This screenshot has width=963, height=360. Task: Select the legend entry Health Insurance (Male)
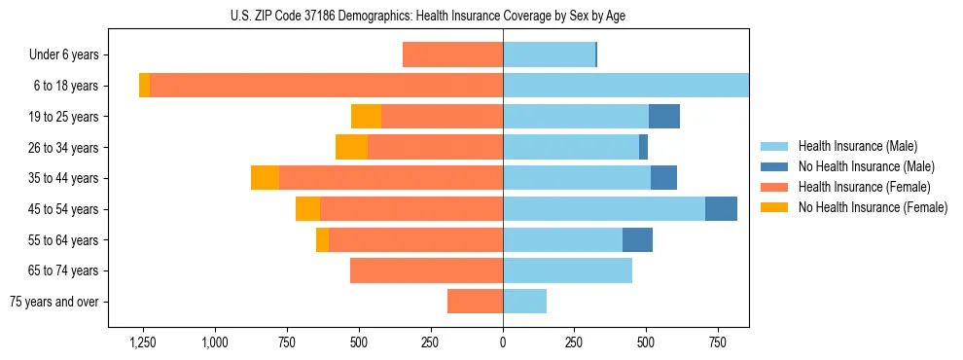(851, 146)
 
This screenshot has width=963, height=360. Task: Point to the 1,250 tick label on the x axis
(143, 342)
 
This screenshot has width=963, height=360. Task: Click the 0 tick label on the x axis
(503, 342)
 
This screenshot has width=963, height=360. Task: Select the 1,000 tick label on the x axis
(215, 342)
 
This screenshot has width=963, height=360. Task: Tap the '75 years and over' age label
(54, 302)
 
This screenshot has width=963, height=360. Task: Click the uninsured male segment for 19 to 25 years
(664, 117)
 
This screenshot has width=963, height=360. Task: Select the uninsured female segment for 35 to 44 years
(265, 178)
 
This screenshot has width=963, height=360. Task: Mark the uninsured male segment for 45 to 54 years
(721, 209)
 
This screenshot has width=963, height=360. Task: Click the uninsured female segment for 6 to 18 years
(144, 86)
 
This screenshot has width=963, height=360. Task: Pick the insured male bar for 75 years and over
(524, 302)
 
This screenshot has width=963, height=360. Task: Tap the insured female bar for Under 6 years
(452, 54)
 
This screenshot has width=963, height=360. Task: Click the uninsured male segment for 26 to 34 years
(643, 147)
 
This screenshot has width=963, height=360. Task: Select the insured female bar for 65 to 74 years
(426, 270)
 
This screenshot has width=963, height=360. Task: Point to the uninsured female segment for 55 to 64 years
(322, 240)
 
